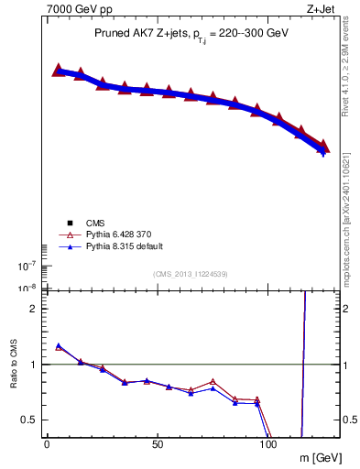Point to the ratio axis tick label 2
[x=33, y=309]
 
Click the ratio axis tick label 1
[x=33, y=365]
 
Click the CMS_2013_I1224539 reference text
[x=191, y=274]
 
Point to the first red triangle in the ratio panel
[x=59, y=347]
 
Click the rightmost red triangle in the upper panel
[x=322, y=146]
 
